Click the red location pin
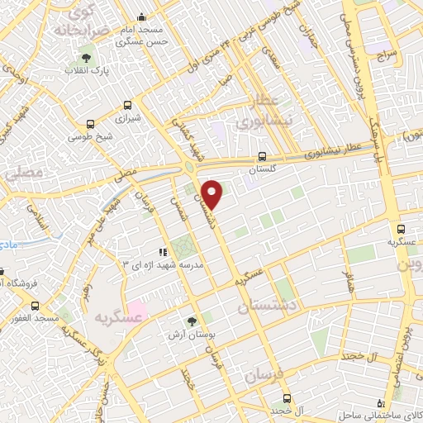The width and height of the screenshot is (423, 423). point(213,194)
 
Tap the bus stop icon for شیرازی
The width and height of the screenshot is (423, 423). point(127,105)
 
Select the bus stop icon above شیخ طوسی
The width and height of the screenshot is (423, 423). point(80,120)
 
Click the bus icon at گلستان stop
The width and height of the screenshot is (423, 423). point(262,155)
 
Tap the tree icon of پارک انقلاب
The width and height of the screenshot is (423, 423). point(86,58)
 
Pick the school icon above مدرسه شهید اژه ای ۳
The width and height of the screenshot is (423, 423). point(163,251)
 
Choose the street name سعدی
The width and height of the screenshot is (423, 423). point(272,57)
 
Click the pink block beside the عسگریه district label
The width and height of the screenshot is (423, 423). point(136,311)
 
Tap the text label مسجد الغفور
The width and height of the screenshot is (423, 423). point(33,318)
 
